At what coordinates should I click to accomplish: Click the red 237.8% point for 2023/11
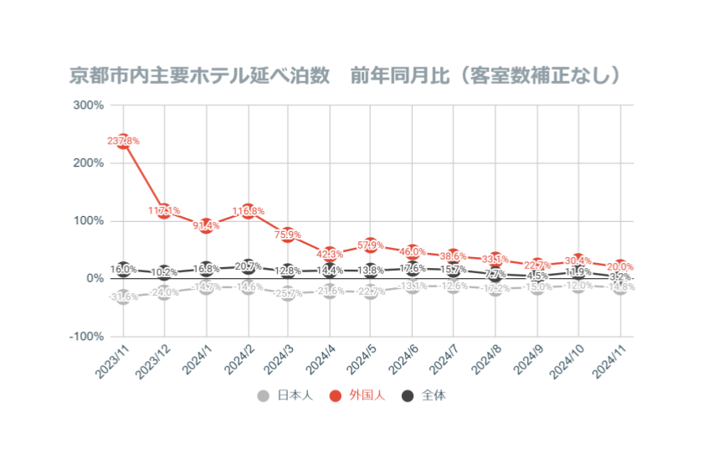click(x=124, y=142)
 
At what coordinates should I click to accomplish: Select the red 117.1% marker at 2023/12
click(x=165, y=211)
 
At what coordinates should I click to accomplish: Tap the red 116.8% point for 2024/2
click(x=247, y=211)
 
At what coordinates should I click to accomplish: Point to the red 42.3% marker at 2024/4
click(x=330, y=254)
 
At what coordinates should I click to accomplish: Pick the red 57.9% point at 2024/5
click(x=371, y=245)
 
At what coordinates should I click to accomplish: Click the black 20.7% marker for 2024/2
click(x=247, y=266)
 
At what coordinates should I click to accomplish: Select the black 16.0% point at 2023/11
click(x=124, y=269)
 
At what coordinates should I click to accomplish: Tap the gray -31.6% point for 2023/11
click(x=124, y=296)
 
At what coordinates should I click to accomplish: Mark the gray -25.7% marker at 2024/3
click(x=289, y=293)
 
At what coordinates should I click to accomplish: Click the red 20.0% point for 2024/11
click(x=619, y=267)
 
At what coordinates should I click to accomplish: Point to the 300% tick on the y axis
click(x=89, y=106)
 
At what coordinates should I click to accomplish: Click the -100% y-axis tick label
click(x=86, y=336)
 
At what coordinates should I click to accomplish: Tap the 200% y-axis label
click(x=89, y=163)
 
